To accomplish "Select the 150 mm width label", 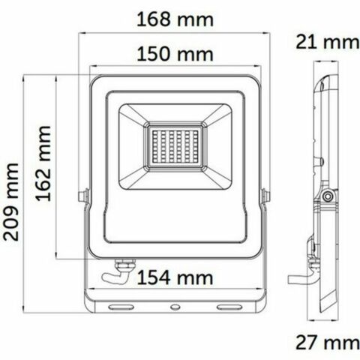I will [173, 54].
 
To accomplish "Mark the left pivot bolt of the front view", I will [80, 196].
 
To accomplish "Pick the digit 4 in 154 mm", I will [165, 279].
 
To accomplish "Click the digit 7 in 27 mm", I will [312, 344].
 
